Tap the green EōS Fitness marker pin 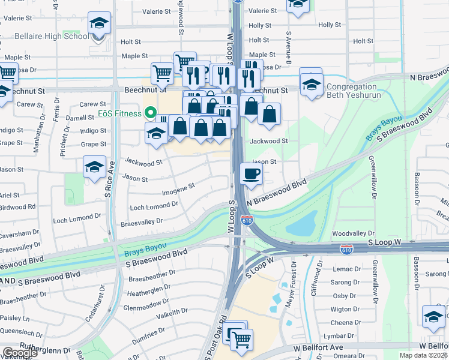pos(150,113)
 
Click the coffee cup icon pos(251,175)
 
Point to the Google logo pos(20,353)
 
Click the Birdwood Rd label pos(18,206)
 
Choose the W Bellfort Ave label pos(318,347)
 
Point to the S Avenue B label pos(288,48)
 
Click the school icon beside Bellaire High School pos(100,24)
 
